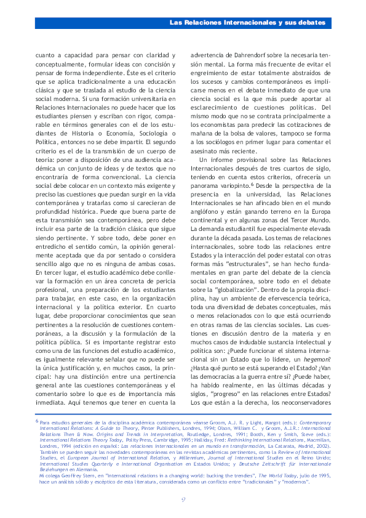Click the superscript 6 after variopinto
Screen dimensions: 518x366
click(252, 183)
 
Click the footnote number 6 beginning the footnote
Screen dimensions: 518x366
click(36, 421)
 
